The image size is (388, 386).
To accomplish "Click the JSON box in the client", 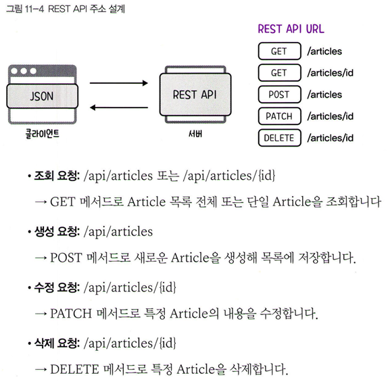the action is pyautogui.click(x=43, y=96).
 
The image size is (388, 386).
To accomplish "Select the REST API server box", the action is pyautogui.click(x=195, y=95).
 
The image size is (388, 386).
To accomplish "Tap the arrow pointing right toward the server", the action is pyautogui.click(x=119, y=83).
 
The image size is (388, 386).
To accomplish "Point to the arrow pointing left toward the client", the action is pyautogui.click(x=119, y=107).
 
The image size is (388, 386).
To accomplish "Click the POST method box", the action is pyautogui.click(x=279, y=95).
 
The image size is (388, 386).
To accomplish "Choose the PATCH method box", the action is pyautogui.click(x=279, y=116).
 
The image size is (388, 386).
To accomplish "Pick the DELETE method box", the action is pyautogui.click(x=279, y=138).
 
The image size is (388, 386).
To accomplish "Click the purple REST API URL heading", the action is pyautogui.click(x=291, y=29).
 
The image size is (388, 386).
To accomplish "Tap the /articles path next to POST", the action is pyautogui.click(x=324, y=95).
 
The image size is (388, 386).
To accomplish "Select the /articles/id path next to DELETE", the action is pyautogui.click(x=330, y=138).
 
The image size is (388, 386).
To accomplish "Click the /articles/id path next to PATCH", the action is pyautogui.click(x=330, y=116).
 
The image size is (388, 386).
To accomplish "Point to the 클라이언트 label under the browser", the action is pyautogui.click(x=43, y=134).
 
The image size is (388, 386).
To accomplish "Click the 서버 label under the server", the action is pyautogui.click(x=195, y=134).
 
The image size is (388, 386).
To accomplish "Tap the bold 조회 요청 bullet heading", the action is pyautogui.click(x=57, y=176).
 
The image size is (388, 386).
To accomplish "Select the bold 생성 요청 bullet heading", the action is pyautogui.click(x=57, y=232).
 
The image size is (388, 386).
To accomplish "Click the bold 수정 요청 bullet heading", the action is pyautogui.click(x=57, y=287).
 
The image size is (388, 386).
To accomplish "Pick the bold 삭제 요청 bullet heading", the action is pyautogui.click(x=57, y=343).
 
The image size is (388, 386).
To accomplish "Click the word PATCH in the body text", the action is pyautogui.click(x=71, y=314).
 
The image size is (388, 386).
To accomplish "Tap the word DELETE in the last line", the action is pyautogui.click(x=74, y=369).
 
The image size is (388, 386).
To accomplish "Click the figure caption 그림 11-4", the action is pyautogui.click(x=25, y=9).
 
